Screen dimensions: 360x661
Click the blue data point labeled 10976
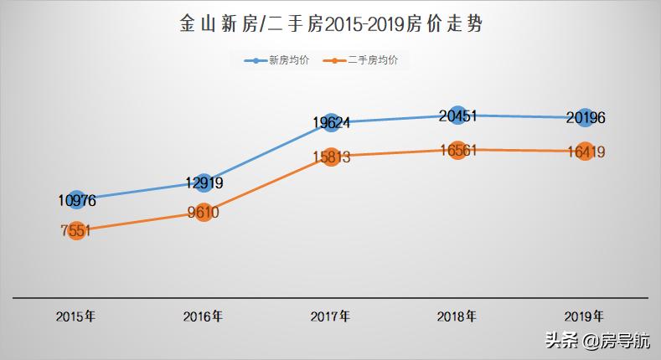pos(77,200)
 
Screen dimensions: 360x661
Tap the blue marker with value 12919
pos(204,183)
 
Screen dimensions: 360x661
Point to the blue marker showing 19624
pos(331,123)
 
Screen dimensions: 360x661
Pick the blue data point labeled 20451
pos(457,116)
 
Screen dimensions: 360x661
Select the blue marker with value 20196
pos(585,118)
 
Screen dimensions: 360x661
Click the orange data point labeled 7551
pos(77,230)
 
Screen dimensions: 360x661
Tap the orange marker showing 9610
pos(204,212)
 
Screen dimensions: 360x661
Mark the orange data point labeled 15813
pos(331,157)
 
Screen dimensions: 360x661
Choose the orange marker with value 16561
pos(457,150)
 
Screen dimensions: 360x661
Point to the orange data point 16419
pos(585,152)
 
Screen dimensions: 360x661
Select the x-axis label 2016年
pos(203,316)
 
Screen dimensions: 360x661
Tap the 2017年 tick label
pos(330,316)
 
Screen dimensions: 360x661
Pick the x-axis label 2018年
pos(457,316)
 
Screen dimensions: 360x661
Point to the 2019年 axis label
pos(584,316)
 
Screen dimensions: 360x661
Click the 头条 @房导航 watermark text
pos(596,341)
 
